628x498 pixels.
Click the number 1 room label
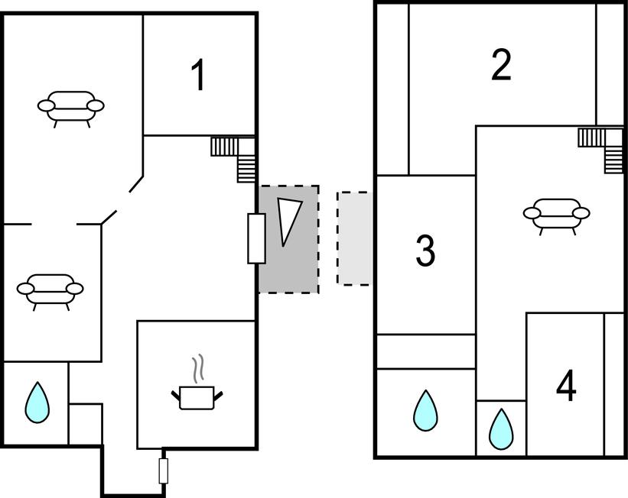pos(198,76)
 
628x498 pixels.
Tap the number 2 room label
pos(501,66)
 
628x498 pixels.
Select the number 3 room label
pos(425,251)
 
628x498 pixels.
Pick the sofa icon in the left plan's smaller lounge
pos(50,290)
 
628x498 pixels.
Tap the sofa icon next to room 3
pos(556,213)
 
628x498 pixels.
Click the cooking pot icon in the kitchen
pos(198,396)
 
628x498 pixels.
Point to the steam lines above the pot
pos(198,367)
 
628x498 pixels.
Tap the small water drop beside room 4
pos(501,428)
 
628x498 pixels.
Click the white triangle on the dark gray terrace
pos(288,221)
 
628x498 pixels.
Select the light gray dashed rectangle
pos(353,238)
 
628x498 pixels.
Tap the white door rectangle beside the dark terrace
pos(256,238)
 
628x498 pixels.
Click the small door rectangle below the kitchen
pos(163,471)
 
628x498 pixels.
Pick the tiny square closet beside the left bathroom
pos(85,424)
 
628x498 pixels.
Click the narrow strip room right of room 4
pos(614,384)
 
